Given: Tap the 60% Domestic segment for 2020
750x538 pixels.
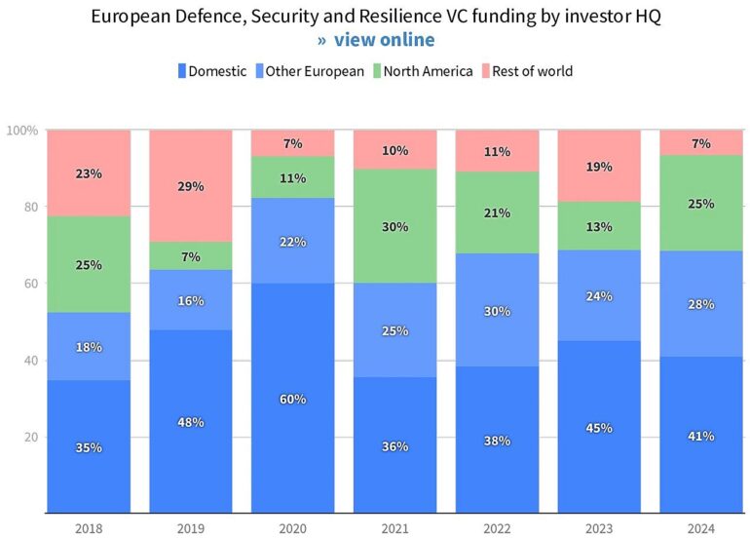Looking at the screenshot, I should coord(293,399).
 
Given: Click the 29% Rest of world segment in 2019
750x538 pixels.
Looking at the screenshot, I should coord(191,186).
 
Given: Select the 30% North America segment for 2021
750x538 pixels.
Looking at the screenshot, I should coord(395,227).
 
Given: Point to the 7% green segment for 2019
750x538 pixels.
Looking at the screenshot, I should coord(191,256).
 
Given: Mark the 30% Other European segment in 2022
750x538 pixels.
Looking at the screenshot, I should coord(498,310).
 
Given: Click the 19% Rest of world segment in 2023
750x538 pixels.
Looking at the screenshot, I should coord(599,167).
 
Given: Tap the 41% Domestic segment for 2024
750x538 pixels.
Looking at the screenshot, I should coord(701,435).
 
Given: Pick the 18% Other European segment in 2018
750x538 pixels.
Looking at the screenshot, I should coord(89,347).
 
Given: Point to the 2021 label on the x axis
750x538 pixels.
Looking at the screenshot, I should coord(395,528).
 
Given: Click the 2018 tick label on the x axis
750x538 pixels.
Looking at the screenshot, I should coord(89,528).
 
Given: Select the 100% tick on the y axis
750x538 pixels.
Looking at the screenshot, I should coord(22,130).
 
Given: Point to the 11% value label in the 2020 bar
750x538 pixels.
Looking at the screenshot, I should coord(293,178).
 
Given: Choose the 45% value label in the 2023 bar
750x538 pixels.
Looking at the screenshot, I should coord(599,427).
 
